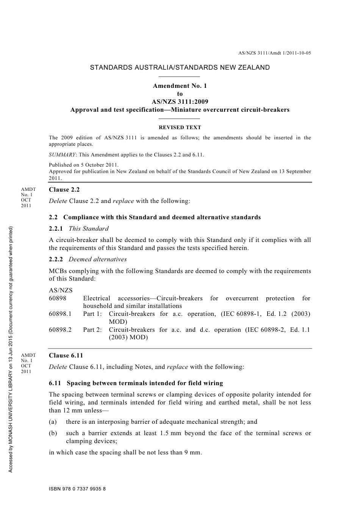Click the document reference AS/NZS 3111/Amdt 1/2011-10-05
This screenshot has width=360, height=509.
pos(274,53)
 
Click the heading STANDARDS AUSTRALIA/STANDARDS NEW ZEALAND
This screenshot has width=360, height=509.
pos(180,68)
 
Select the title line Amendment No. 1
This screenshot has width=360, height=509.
pos(180,86)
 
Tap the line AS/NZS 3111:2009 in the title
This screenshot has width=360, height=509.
pos(180,102)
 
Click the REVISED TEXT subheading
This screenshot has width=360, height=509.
pos(180,128)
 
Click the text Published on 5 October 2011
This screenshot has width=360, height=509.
pos(84,165)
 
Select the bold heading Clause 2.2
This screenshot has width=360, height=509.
pos(64,190)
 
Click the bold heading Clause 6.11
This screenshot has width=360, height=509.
pos(66,356)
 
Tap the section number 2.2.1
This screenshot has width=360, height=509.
pos(56,229)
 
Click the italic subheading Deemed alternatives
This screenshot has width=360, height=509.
pos(97,259)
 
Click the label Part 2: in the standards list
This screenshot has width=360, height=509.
pos(92,330)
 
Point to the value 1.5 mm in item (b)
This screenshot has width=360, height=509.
pos(170,433)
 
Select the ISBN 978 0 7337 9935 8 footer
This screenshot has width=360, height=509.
pos(77,489)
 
